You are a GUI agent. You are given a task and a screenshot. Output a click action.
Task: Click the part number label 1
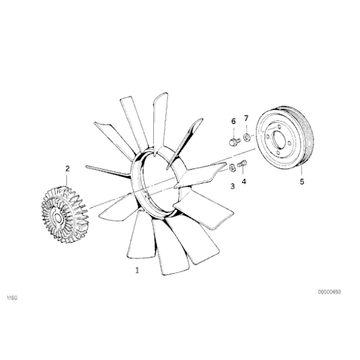(137, 271)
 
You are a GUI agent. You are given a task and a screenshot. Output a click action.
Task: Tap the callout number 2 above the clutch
(68, 168)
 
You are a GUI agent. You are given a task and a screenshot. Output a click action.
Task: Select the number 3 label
(233, 186)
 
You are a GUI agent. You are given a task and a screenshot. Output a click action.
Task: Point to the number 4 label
(244, 182)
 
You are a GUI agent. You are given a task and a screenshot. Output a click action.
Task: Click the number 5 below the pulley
(302, 182)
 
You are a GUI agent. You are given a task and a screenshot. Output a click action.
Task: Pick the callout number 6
(233, 121)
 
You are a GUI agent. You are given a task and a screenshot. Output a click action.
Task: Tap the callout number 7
(246, 117)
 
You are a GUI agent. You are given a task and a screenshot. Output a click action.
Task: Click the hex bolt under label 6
(234, 141)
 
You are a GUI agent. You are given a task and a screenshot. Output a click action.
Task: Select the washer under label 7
(246, 137)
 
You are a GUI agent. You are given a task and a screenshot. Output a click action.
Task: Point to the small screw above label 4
(243, 164)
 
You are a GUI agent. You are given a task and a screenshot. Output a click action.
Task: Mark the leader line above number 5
(302, 171)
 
